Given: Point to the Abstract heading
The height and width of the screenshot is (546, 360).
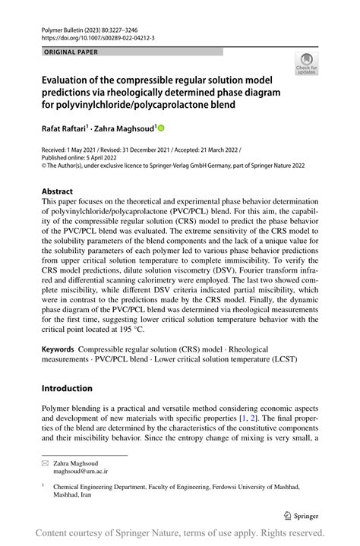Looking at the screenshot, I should [57, 191].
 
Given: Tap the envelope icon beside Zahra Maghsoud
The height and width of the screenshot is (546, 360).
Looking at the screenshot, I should [46, 462].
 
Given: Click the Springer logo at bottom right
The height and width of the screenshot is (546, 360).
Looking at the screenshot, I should [302, 514].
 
